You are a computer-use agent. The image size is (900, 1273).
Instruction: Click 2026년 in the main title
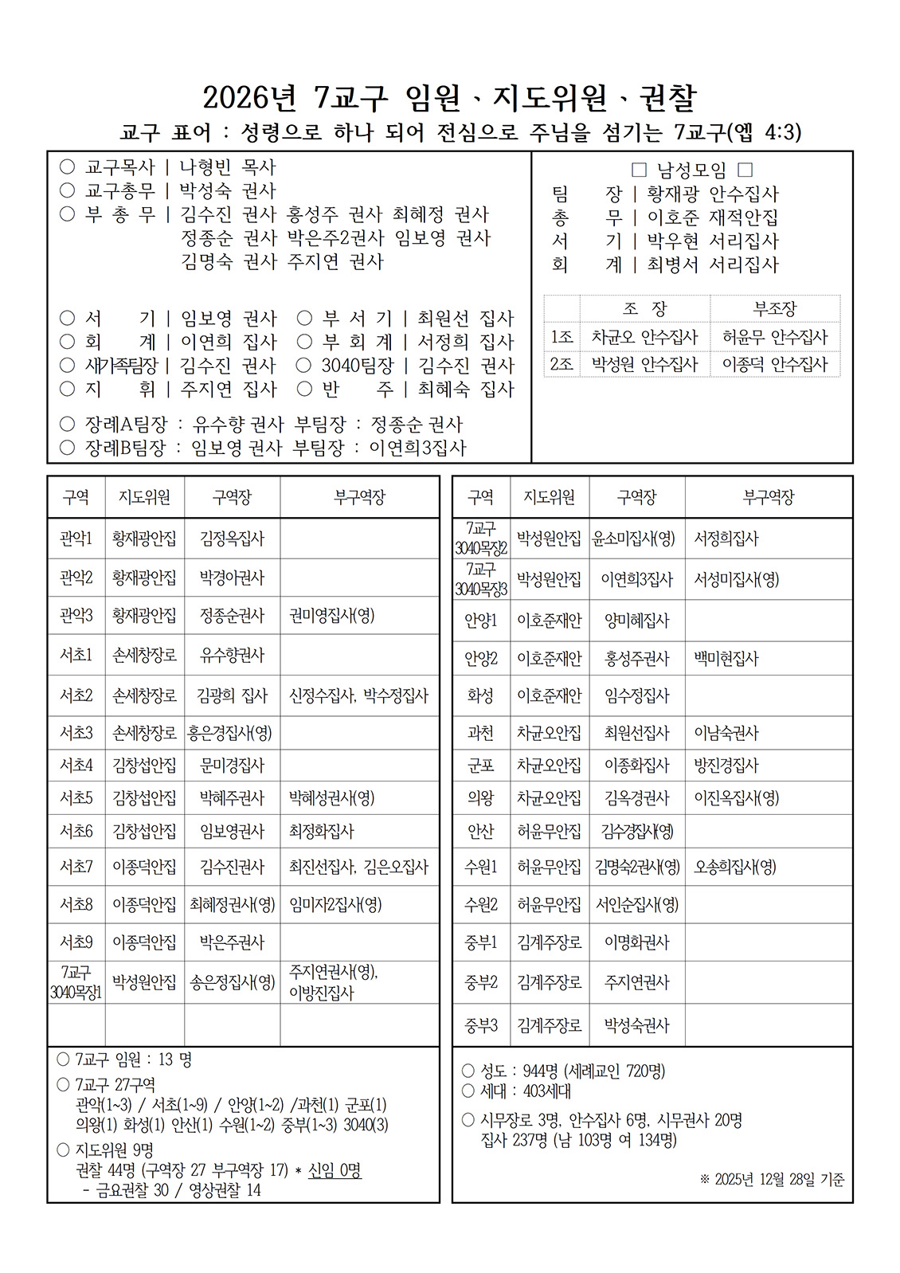tap(249, 98)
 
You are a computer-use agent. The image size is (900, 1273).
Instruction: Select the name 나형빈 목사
tap(227, 167)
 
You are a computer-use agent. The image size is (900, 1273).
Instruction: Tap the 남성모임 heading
tap(691, 170)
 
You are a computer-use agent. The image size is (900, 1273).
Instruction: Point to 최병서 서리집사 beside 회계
tap(712, 264)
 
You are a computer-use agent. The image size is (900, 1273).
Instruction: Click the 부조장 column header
tap(774, 308)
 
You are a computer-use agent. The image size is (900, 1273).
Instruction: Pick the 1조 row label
tap(562, 337)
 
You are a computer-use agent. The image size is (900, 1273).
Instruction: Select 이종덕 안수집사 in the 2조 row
tap(774, 364)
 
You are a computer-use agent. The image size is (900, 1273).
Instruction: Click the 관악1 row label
tap(76, 539)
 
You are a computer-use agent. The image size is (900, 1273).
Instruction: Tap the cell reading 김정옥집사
tap(232, 539)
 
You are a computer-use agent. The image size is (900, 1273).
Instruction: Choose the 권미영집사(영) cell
tap(332, 615)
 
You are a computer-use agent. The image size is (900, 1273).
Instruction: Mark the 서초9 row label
tap(76, 942)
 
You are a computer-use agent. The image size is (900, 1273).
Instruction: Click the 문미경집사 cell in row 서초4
tap(232, 766)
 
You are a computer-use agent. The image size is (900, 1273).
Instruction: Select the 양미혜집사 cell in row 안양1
tap(636, 621)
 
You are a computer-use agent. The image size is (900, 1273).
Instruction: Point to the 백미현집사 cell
tap(726, 659)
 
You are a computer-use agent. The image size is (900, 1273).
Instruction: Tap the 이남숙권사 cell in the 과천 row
tap(726, 733)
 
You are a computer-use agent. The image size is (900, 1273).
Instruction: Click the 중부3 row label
tap(480, 1025)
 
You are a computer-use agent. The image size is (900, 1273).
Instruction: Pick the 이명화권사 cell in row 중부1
tap(636, 942)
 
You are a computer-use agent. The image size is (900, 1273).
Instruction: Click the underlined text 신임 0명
tap(335, 1170)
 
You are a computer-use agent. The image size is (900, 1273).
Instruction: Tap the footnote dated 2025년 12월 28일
tap(772, 1179)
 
